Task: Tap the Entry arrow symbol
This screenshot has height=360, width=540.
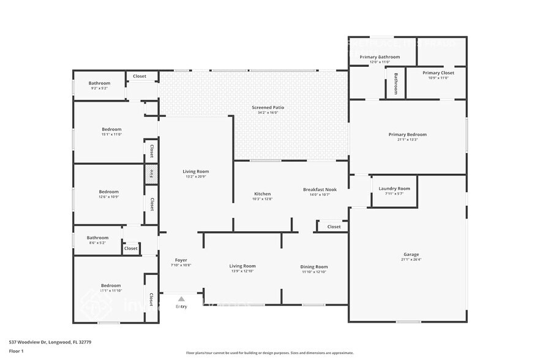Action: pyautogui.click(x=181, y=299)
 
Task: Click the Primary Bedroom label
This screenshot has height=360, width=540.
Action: pyautogui.click(x=407, y=135)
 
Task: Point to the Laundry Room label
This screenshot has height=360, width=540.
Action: pyautogui.click(x=394, y=189)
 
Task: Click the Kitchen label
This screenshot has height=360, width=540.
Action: pyautogui.click(x=262, y=194)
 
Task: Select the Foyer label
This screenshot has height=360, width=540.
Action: pyautogui.click(x=181, y=260)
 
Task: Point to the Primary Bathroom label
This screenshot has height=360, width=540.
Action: pyautogui.click(x=380, y=57)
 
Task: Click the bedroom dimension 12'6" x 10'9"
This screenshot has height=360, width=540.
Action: pyautogui.click(x=109, y=197)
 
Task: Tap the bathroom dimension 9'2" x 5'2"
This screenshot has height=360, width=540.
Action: pyautogui.click(x=99, y=89)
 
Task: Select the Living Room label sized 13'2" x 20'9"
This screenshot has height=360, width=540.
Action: pyautogui.click(x=196, y=171)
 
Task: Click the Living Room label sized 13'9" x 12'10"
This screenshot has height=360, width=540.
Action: pyautogui.click(x=242, y=266)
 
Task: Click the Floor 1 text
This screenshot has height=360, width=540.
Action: pyautogui.click(x=16, y=351)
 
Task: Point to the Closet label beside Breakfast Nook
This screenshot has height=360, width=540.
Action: pyautogui.click(x=334, y=227)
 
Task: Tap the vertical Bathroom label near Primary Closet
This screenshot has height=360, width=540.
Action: pyautogui.click(x=396, y=84)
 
